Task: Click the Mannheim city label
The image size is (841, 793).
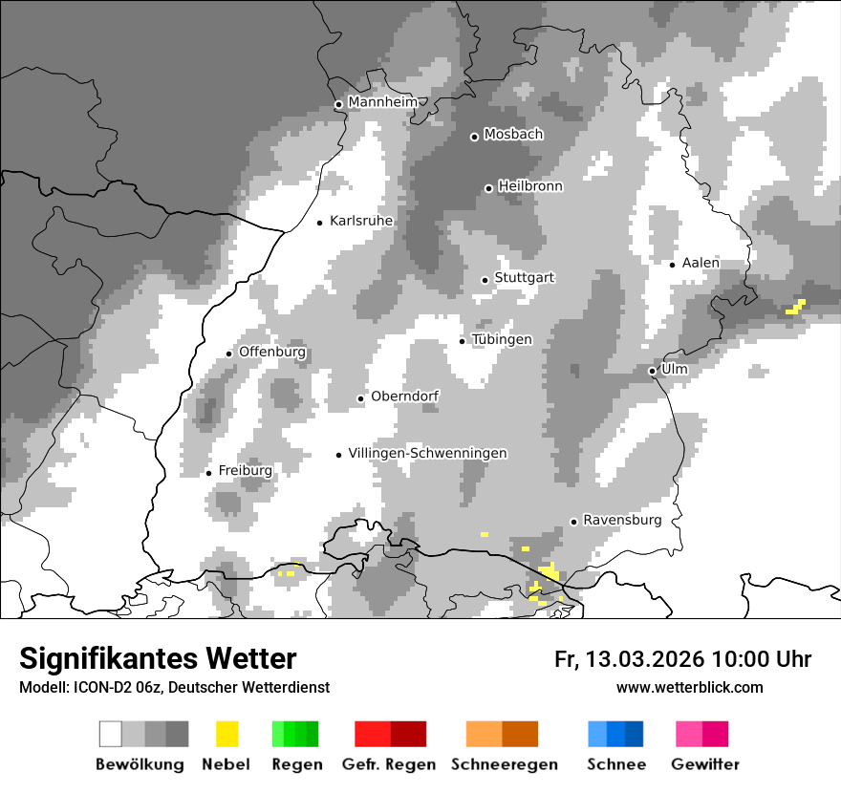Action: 384,102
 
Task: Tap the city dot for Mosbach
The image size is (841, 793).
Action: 474,137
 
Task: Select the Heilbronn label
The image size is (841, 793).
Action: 530,186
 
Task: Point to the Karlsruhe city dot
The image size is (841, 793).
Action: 320,223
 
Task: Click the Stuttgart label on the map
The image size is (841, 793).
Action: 525,278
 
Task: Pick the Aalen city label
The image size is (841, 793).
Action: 701,263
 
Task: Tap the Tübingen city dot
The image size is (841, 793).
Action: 463,341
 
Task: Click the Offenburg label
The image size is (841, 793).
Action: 272,352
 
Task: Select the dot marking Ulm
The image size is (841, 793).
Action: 652,371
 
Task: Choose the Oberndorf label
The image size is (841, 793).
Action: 405,396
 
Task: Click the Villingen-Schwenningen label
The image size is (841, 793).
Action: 427,453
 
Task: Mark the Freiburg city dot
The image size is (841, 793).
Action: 208,473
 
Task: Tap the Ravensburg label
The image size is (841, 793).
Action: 622,520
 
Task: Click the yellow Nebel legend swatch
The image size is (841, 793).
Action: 226,734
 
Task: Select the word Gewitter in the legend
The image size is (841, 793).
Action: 705,764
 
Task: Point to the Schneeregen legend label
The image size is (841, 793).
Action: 505,764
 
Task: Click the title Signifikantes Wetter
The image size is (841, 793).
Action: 158,658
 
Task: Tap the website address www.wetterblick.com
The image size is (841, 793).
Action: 690,687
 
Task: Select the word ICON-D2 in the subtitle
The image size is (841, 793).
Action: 96,687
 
